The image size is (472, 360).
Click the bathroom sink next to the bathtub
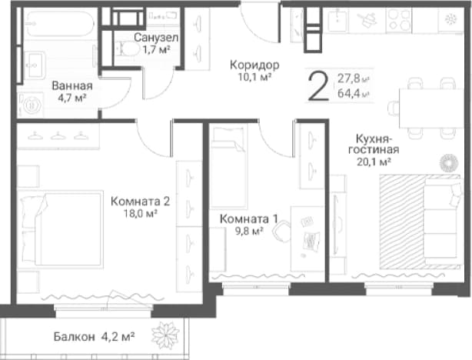(35, 65)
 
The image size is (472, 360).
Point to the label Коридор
(254, 65)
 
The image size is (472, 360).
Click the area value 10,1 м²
(255, 78)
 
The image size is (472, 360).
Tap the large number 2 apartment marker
(317, 87)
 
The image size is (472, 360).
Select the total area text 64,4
(348, 93)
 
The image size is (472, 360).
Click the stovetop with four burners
(399, 20)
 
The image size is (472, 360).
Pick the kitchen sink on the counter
(338, 20)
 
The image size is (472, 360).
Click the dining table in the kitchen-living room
(431, 108)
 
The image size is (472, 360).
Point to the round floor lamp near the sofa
(448, 164)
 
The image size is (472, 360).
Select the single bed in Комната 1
(229, 167)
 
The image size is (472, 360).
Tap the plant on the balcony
(165, 335)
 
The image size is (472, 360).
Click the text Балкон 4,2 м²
(94, 336)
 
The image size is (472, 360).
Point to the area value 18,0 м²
(141, 214)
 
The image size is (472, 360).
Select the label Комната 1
(248, 218)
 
